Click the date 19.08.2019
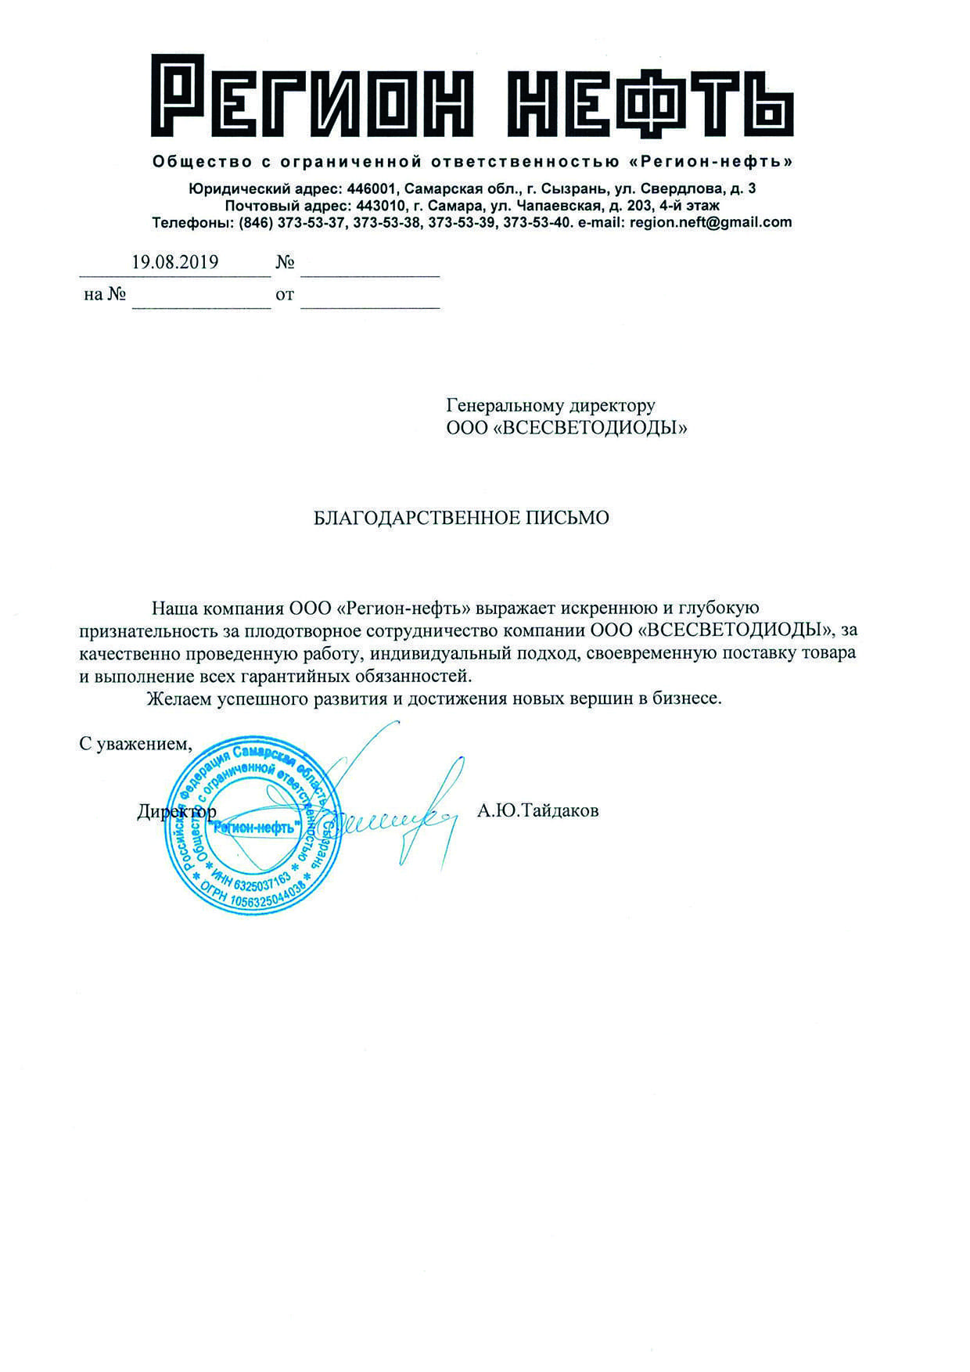coord(174,262)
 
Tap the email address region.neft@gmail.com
coord(710,222)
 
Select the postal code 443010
coord(379,206)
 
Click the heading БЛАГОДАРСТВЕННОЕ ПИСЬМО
coord(461,518)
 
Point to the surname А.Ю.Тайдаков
coord(537,811)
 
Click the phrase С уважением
coord(135,743)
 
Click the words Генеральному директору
coord(551,405)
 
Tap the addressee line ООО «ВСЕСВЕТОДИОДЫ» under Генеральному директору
coord(566,428)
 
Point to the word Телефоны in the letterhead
coord(189,222)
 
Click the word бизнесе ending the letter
coord(687,699)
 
